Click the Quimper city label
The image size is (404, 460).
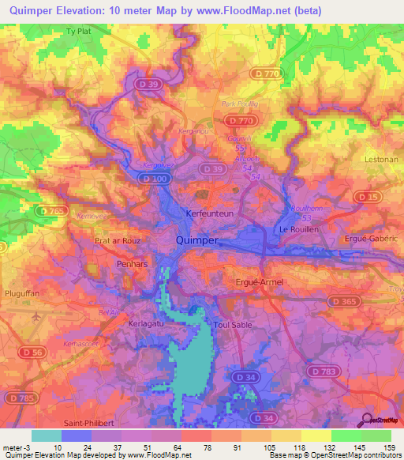pyautogui.click(x=197, y=240)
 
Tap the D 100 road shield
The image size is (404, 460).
pyautogui.click(x=157, y=179)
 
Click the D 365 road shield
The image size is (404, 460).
pyautogui.click(x=343, y=301)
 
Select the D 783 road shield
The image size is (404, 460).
pyautogui.click(x=324, y=370)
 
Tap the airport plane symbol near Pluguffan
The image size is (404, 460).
pyautogui.click(x=36, y=316)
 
